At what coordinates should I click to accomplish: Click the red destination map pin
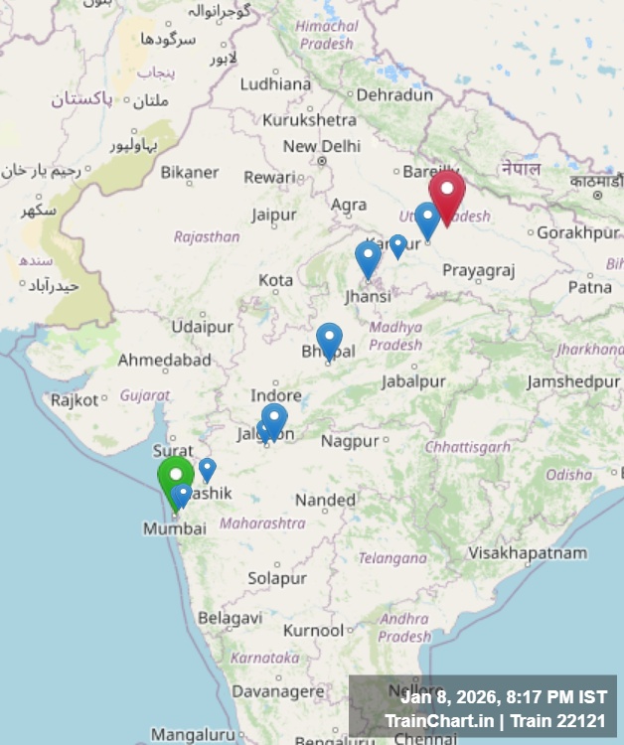pos(447,191)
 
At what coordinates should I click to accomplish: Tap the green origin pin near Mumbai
pos(176,476)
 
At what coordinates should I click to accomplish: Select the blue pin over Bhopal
pos(329,338)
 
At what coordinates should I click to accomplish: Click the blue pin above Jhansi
pos(368,257)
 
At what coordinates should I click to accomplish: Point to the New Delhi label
pos(321,146)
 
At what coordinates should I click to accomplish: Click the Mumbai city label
pos(175,528)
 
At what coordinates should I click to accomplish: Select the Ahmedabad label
pos(164,360)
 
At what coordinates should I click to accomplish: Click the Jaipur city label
pos(273,215)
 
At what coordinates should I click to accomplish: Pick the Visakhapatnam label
pos(528,552)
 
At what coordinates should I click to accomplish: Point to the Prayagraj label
pos(479,270)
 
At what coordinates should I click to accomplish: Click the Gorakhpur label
pos(576,232)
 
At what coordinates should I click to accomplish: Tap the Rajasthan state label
pos(207,236)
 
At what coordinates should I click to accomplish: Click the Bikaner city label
pos(189,172)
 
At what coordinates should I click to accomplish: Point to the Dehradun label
pos(394,94)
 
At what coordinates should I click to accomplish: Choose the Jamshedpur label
pos(573,381)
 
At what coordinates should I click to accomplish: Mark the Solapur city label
pos(277,577)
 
